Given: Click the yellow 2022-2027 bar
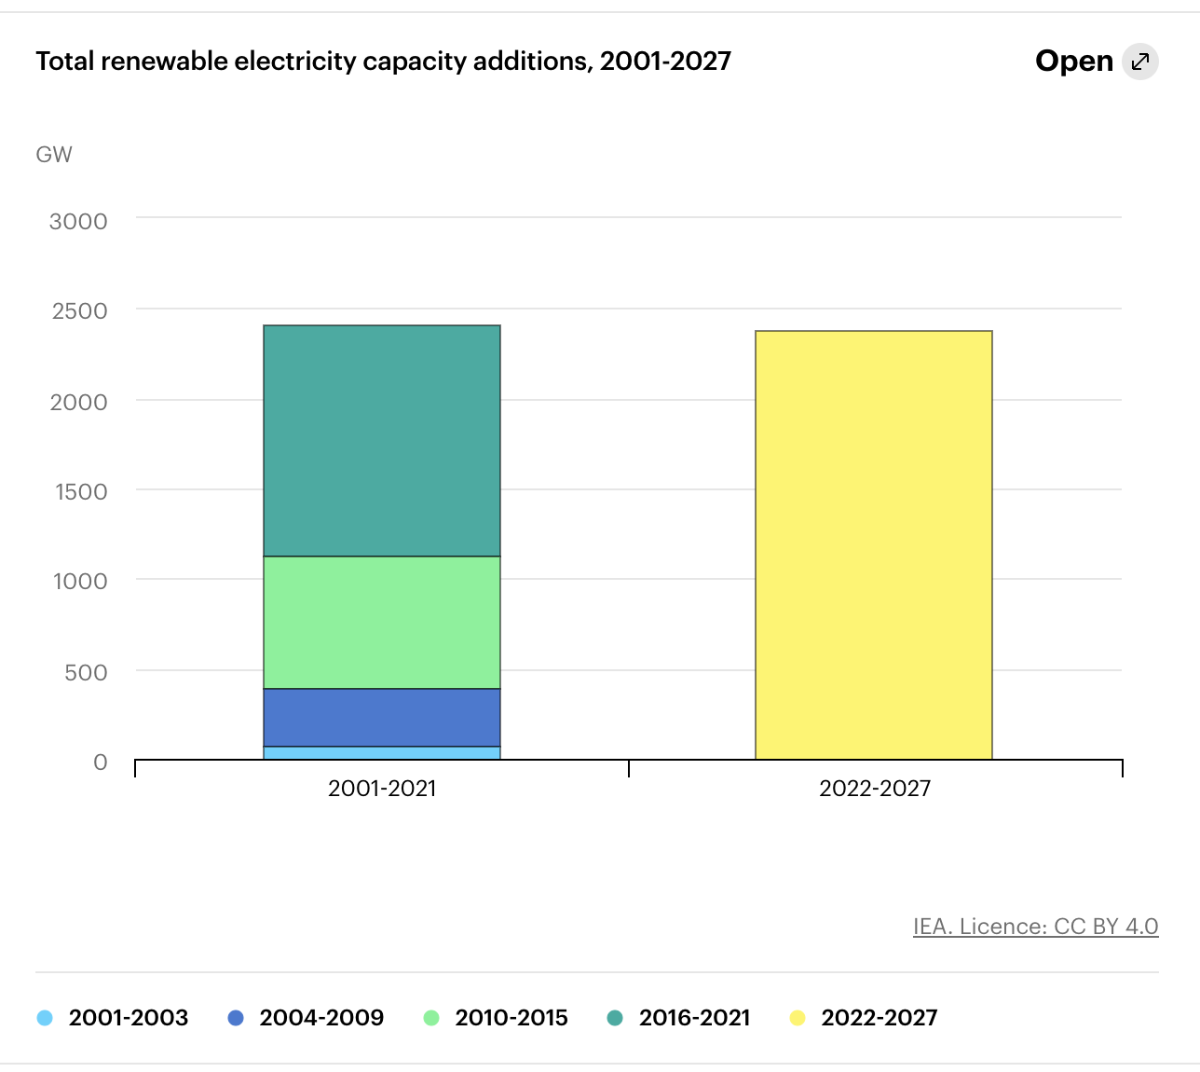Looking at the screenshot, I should point(873,545).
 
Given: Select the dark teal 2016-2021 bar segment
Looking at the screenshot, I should point(382,441).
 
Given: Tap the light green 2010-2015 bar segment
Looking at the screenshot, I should point(382,623).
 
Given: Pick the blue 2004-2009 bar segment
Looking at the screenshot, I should point(382,718).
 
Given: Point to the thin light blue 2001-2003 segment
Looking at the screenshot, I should point(382,753).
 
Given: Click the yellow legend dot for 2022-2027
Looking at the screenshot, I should point(798,1018).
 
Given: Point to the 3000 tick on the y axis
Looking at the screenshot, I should point(78,222).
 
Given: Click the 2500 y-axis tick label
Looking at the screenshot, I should point(79,311).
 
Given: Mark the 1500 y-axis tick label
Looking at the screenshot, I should point(81,492).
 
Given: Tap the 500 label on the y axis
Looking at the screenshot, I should point(86,672).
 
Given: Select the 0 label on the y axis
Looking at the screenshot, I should point(101,763).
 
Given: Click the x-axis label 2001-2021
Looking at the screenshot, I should point(382,789).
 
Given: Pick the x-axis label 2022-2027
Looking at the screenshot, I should point(874,789).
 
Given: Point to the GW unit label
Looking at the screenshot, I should point(54,155).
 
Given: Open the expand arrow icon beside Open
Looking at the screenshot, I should point(1139,62).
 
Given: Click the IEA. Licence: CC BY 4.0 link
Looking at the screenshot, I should point(1035,927).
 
